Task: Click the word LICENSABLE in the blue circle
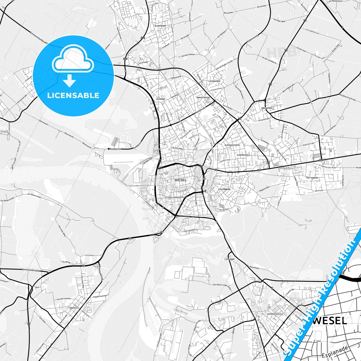[73, 95]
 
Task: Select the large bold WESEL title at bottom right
[330, 321]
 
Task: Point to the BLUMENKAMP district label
[160, 26]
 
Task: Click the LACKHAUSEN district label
[214, 81]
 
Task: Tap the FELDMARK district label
[160, 99]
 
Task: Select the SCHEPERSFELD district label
[243, 155]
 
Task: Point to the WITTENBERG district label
[313, 178]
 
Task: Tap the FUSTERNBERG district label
[224, 189]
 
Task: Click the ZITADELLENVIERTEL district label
[175, 197]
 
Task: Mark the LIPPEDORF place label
[230, 259]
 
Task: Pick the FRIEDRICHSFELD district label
[275, 314]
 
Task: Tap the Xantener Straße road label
[30, 270]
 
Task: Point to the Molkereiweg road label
[253, 39]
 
